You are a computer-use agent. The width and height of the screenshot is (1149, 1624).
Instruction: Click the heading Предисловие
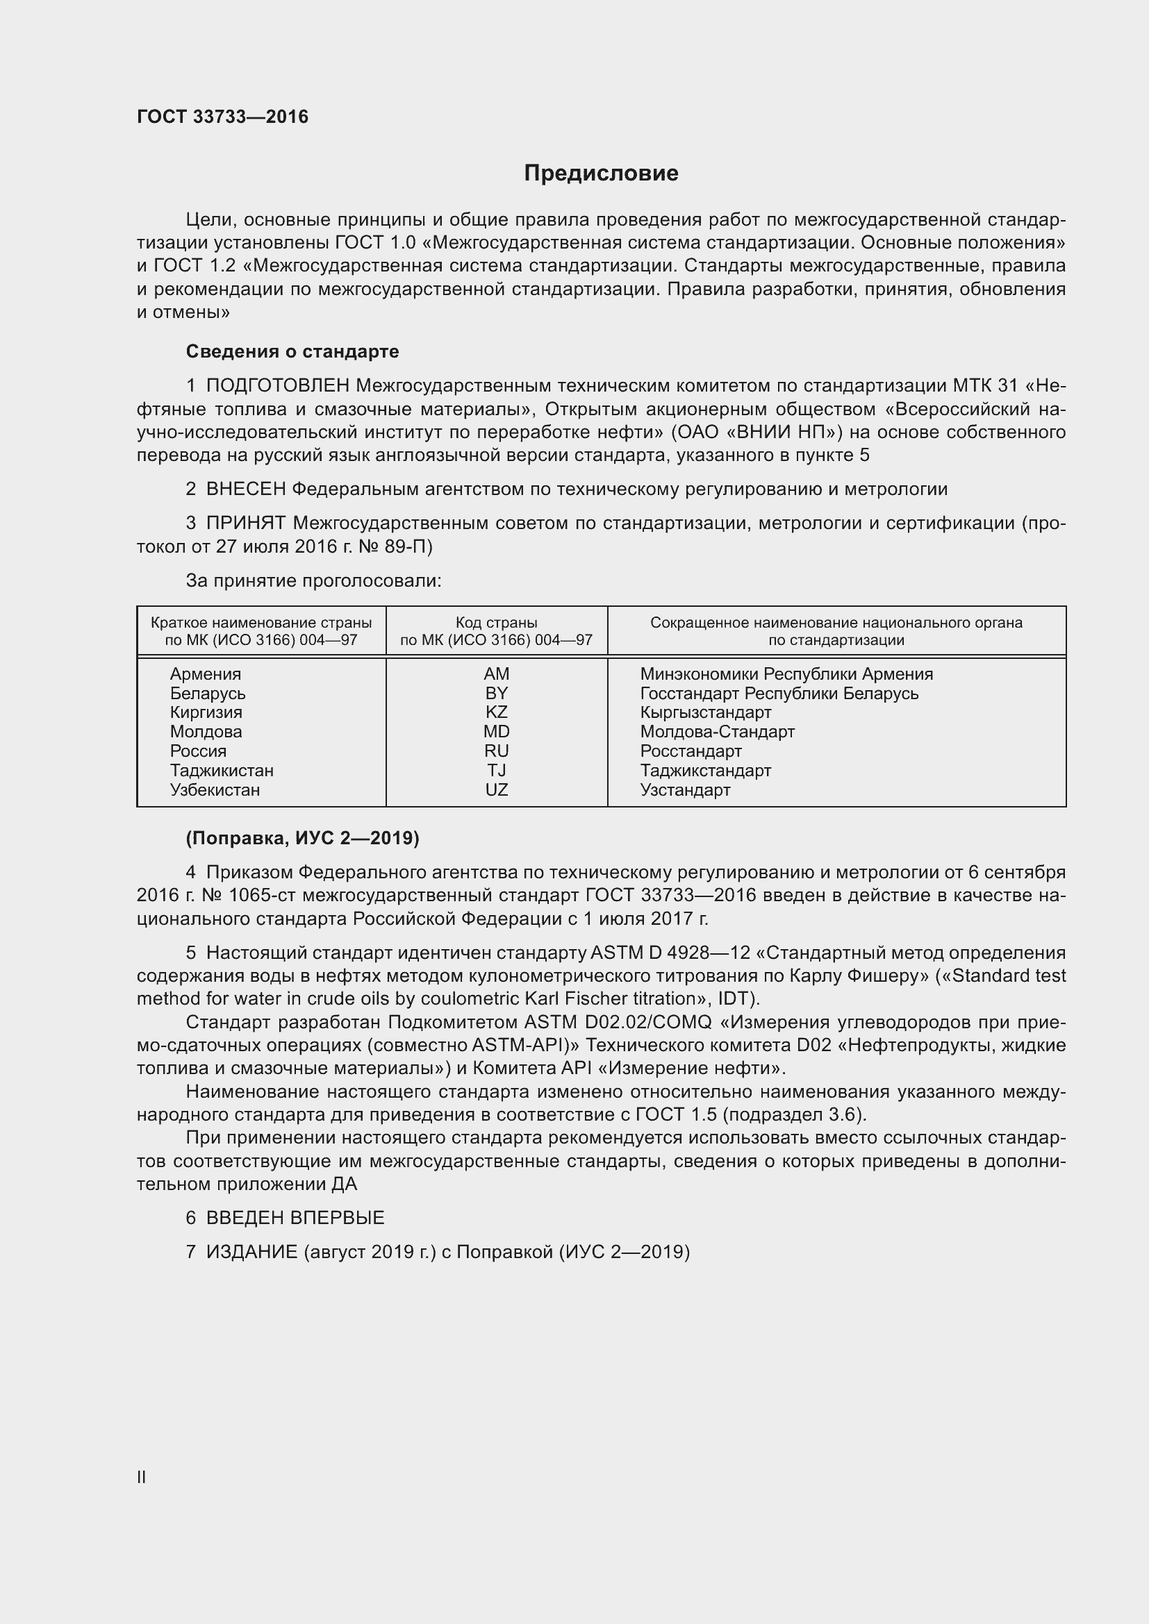click(x=601, y=174)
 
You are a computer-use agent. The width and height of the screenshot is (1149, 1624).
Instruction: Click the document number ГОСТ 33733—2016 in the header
click(x=222, y=117)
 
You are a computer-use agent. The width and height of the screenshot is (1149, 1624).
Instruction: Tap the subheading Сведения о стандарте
click(x=292, y=351)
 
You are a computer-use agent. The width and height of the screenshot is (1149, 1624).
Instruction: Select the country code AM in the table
click(x=496, y=674)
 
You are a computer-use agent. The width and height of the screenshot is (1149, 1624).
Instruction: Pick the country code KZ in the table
click(x=496, y=712)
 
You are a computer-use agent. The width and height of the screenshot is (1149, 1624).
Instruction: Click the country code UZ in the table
click(x=496, y=789)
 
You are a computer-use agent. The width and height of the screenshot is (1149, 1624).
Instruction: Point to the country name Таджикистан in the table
click(x=222, y=770)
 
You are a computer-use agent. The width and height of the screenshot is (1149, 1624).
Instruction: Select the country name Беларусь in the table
click(x=207, y=693)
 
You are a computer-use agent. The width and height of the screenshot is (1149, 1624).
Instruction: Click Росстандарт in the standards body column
click(x=691, y=751)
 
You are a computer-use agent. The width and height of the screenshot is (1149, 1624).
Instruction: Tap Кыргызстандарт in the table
click(x=705, y=712)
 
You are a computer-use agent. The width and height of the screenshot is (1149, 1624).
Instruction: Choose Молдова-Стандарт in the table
click(x=717, y=731)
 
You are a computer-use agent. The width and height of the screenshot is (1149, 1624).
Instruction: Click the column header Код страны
click(x=496, y=622)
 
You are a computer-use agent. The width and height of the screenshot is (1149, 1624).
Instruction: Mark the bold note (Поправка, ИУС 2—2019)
click(x=302, y=838)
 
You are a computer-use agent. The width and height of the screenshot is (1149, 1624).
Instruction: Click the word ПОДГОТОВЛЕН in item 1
click(x=277, y=385)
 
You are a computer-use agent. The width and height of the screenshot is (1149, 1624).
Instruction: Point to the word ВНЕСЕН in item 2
click(x=245, y=489)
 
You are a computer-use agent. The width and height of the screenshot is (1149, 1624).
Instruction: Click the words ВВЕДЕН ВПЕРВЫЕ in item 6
click(x=295, y=1218)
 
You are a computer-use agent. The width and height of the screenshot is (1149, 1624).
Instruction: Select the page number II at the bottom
click(x=142, y=1477)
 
